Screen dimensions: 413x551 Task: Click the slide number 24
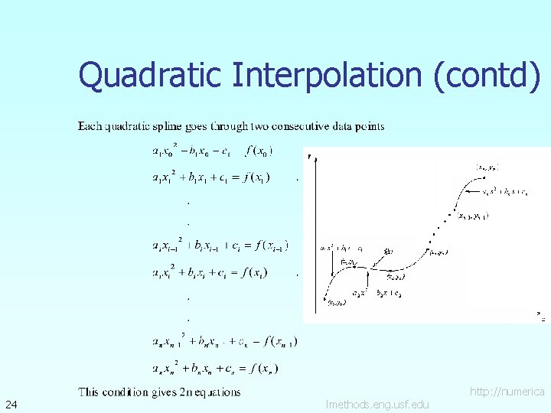pyautogui.click(x=11, y=403)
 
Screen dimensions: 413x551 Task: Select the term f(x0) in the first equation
pyautogui.click(x=259, y=151)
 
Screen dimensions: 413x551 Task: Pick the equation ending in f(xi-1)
pyautogui.click(x=220, y=246)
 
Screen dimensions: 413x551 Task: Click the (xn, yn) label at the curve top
pyautogui.click(x=487, y=166)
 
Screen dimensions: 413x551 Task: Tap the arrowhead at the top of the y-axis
pyautogui.click(x=309, y=157)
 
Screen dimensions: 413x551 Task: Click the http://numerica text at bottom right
pyautogui.click(x=507, y=392)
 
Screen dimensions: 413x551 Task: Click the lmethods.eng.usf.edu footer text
pyautogui.click(x=377, y=404)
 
